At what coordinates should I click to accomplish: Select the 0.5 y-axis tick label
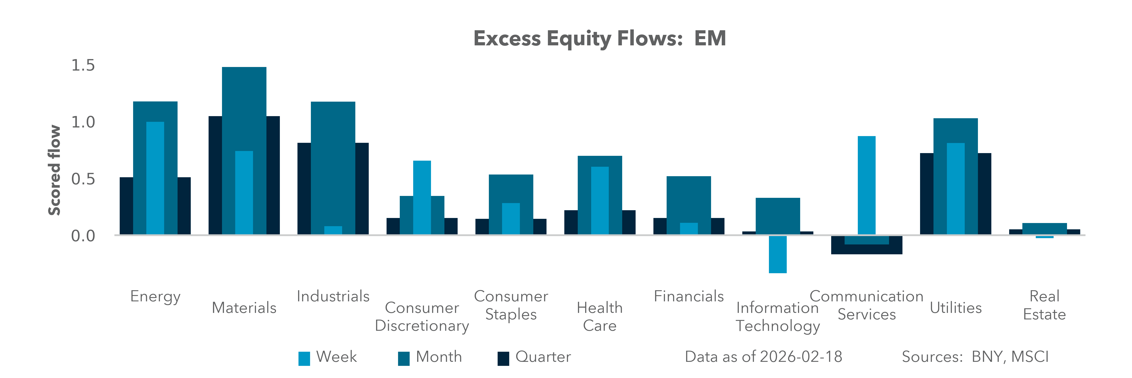tap(83, 179)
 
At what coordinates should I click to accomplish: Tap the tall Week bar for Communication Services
tap(867, 185)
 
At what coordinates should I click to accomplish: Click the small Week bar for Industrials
tap(333, 230)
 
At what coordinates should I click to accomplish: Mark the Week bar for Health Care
tap(600, 200)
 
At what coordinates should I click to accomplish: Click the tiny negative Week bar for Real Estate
tap(1045, 237)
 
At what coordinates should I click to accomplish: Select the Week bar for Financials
tap(689, 228)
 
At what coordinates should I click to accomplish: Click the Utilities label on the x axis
tap(956, 308)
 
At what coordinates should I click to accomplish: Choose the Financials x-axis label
tap(689, 296)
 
